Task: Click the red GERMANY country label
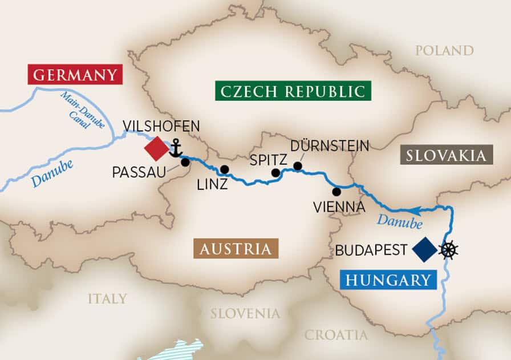[75, 74]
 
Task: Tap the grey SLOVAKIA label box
[447, 155]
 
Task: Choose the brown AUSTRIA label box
[236, 249]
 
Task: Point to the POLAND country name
[444, 51]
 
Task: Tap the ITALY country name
[107, 298]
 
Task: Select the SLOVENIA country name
[245, 313]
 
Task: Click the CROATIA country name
[336, 335]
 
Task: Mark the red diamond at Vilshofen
[156, 149]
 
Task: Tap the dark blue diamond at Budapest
[424, 250]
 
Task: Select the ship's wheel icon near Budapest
[449, 250]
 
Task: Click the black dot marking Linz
[225, 169]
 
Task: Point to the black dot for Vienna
[336, 191]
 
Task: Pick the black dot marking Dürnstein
[297, 165]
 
